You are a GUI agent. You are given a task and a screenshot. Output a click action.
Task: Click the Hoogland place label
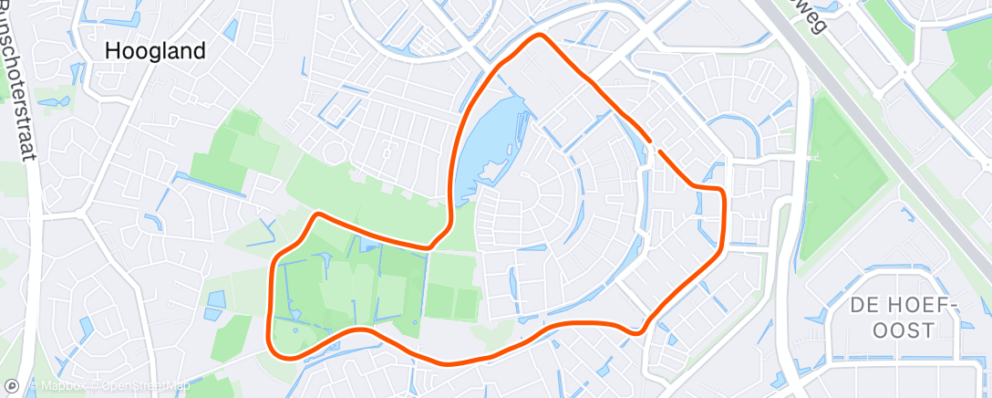[x=156, y=51]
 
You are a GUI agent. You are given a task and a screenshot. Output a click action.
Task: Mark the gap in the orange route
[x=654, y=144]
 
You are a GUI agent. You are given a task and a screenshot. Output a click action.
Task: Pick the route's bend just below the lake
[x=431, y=246]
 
